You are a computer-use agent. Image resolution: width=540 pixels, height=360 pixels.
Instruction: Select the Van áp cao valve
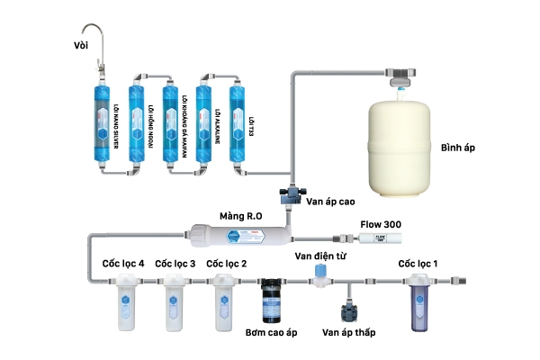291,193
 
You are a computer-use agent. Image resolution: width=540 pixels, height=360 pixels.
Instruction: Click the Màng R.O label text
240,217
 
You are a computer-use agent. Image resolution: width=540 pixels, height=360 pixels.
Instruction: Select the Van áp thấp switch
348,311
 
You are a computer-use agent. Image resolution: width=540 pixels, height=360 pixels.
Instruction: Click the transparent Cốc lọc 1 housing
420,301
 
